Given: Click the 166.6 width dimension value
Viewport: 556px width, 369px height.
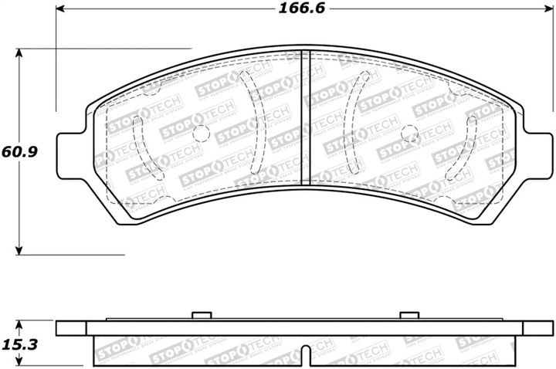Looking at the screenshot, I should point(290,10).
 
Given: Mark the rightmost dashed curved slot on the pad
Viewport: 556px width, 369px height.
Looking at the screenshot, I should point(472,146).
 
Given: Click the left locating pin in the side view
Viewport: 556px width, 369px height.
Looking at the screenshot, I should point(201,315).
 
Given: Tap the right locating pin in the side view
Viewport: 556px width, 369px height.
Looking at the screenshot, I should point(409,315).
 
